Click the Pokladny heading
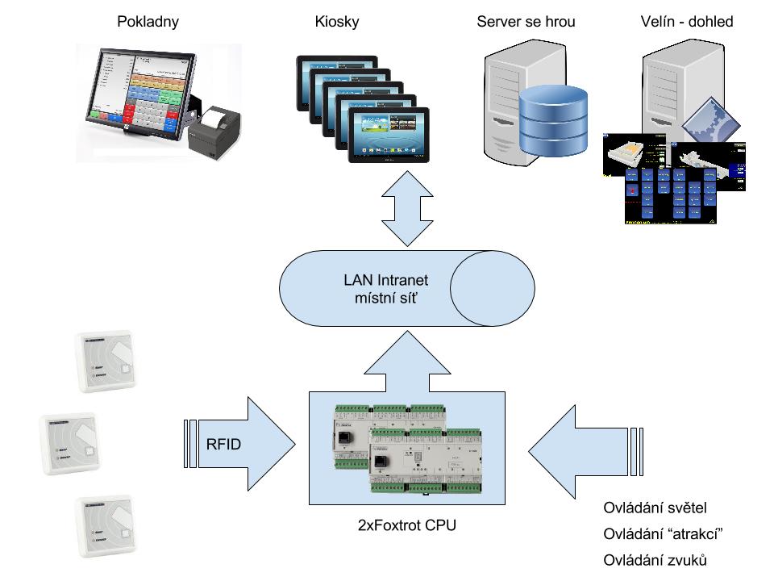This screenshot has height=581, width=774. [148, 22]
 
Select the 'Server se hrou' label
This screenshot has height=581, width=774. [526, 22]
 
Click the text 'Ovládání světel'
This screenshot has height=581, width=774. [655, 508]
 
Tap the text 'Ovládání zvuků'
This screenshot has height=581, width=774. [655, 560]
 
